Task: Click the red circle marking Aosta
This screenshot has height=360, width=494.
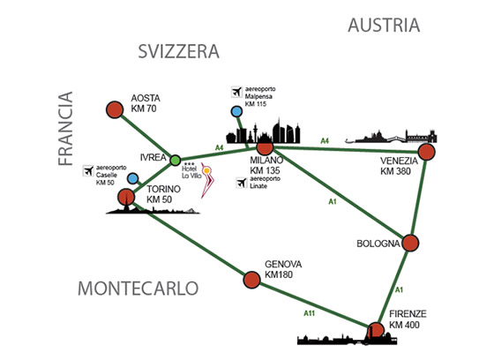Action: pos(115,109)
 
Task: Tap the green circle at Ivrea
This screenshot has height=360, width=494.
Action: pos(176,160)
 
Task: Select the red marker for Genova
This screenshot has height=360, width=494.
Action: pos(252,280)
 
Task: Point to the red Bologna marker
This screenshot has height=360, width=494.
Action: pos(410,243)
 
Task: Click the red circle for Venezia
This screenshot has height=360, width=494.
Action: pos(426,152)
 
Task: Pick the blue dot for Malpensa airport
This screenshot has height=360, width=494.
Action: pos(236,111)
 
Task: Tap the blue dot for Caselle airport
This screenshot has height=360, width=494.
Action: pos(133,178)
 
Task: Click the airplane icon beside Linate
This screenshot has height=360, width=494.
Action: pos(242,183)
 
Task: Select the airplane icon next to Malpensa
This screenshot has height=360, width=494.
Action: pos(236,92)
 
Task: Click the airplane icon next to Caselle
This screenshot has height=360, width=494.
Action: pos(88,171)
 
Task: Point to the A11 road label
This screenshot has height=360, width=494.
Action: pos(309,313)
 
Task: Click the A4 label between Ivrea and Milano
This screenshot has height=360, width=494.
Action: pos(220,147)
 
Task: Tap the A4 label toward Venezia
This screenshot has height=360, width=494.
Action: pos(325,141)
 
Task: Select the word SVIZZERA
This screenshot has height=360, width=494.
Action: pos(178,51)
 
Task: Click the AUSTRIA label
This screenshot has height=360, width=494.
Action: pos(384,26)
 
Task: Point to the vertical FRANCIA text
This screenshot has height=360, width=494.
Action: pos(66,128)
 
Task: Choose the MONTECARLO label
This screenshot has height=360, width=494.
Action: pos(138,289)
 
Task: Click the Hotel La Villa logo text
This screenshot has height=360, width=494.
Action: pos(191,172)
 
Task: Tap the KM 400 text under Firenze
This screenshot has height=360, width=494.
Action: pos(404,325)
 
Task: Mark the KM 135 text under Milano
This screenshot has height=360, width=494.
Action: pos(265,170)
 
